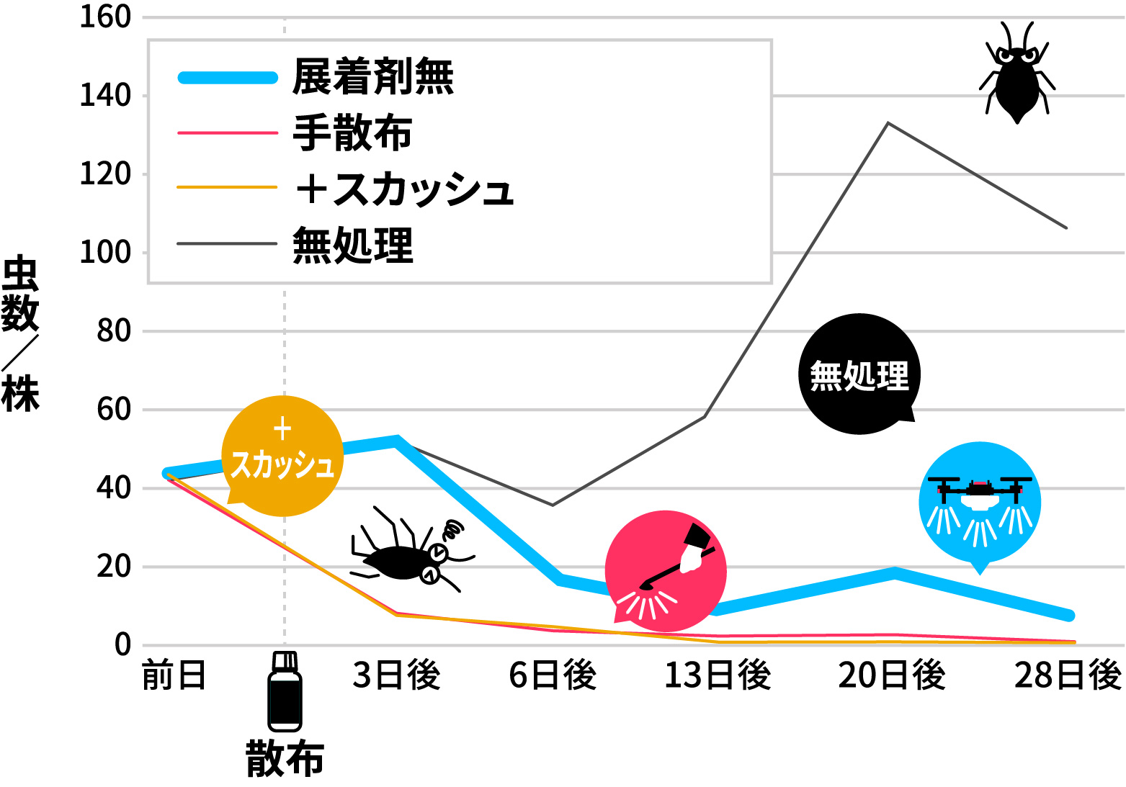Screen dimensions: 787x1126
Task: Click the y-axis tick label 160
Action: (105, 17)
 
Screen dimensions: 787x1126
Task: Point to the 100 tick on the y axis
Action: (105, 253)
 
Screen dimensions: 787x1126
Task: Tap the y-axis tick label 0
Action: (122, 644)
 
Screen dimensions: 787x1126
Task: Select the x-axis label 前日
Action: (174, 675)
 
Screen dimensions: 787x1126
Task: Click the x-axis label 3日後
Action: (396, 675)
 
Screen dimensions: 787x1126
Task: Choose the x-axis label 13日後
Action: (718, 675)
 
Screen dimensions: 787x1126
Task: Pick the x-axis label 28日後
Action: (1068, 675)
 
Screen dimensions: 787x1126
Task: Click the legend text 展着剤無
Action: (373, 77)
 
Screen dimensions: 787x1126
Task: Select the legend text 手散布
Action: (352, 133)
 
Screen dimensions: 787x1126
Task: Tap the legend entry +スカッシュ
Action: (404, 189)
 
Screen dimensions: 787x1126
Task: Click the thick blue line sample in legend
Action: (228, 78)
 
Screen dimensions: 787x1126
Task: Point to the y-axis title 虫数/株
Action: (20, 335)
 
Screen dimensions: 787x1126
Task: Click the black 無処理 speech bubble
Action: (859, 374)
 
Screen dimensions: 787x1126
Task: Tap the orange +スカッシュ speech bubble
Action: (282, 456)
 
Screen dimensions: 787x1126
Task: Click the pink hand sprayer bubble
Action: (666, 571)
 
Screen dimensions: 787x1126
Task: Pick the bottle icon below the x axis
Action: (285, 692)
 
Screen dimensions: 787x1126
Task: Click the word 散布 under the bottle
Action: (285, 759)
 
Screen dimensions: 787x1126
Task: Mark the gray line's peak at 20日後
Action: (888, 123)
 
